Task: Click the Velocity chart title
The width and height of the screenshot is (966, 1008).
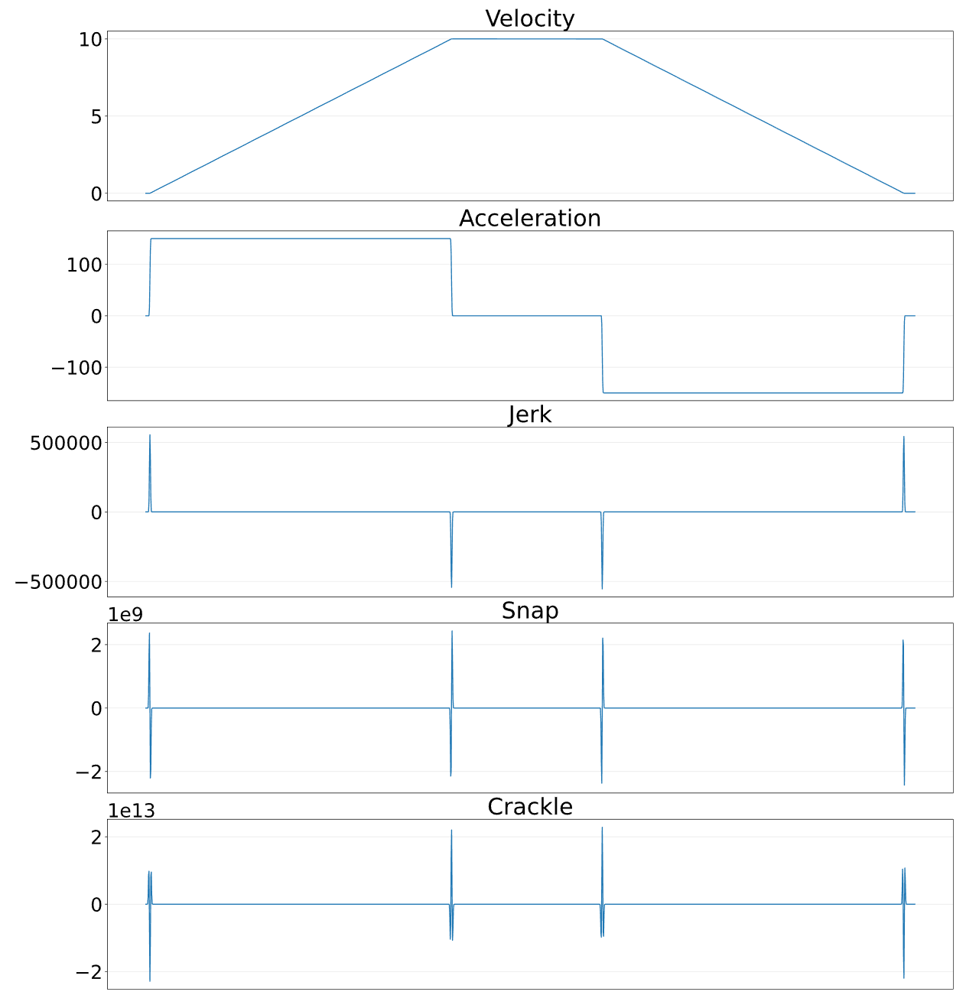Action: pos(529,18)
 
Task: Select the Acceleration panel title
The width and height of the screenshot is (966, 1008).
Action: pos(529,218)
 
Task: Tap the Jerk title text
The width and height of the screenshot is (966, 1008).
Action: pos(529,415)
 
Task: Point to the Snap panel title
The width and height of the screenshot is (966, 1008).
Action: pos(529,611)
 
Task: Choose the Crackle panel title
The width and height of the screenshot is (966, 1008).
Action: pos(529,807)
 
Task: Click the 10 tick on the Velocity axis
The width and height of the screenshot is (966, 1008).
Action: pos(90,39)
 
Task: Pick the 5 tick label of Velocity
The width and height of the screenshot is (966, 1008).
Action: pos(96,116)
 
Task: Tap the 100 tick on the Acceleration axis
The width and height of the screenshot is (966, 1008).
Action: pos(84,265)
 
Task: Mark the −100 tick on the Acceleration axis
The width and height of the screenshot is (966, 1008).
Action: pos(76,368)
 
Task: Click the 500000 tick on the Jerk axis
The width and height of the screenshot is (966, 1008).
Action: pos(66,443)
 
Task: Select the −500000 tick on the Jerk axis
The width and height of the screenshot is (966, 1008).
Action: pos(58,582)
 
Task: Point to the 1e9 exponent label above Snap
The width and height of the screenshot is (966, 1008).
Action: pos(125,614)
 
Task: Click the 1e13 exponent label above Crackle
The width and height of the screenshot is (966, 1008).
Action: pos(131,811)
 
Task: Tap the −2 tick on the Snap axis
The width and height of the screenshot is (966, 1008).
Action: pos(89,772)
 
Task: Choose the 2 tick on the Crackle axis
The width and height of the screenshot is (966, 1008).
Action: pos(96,837)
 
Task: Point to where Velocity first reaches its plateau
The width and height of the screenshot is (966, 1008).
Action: pos(451,39)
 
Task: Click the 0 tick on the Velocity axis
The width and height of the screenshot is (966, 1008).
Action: pos(96,193)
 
